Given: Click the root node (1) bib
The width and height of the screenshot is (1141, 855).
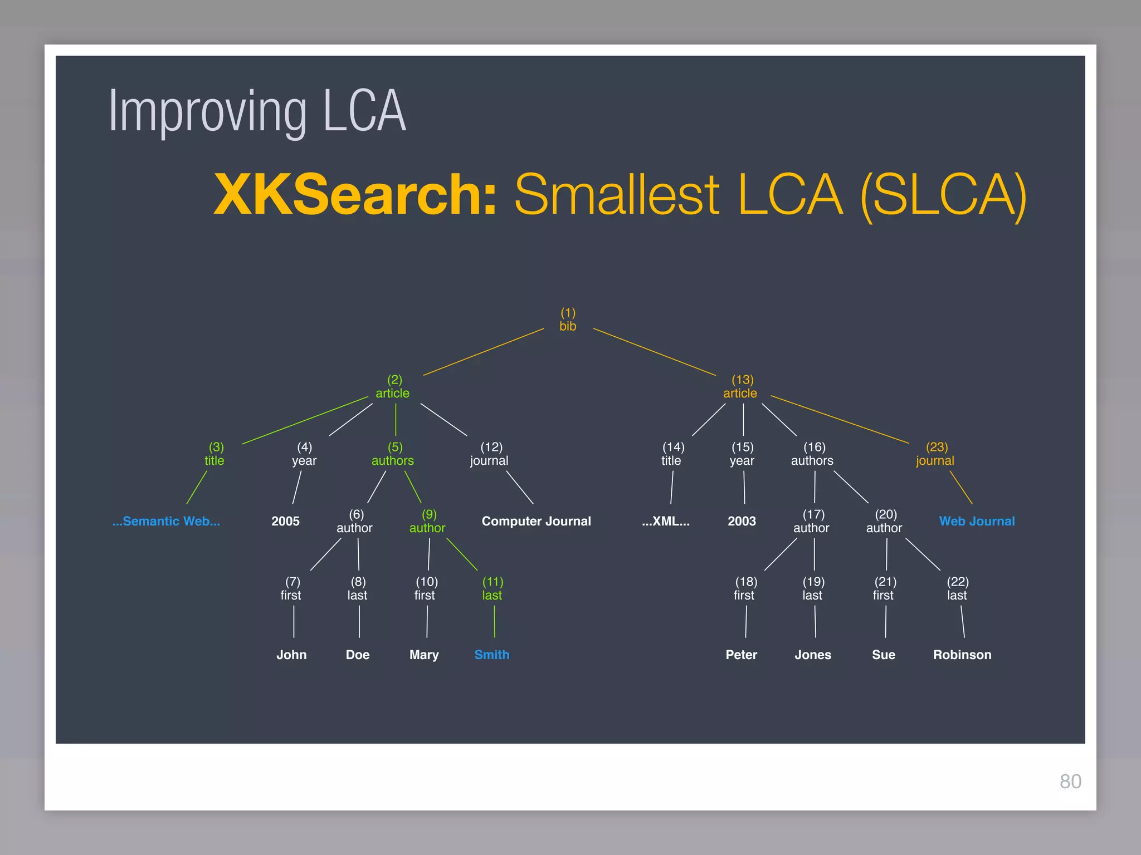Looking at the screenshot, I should point(568,320).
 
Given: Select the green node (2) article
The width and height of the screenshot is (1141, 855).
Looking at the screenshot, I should point(393,387).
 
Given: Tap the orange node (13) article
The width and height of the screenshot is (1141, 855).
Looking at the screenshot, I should point(741,387).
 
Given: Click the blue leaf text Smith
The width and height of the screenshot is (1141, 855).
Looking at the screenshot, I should point(491,655).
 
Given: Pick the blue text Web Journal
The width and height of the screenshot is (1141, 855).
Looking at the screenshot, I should point(977,521).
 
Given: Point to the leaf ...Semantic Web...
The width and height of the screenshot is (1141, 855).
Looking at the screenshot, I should point(166,521).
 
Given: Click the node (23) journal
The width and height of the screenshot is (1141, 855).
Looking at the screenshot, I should point(935,454).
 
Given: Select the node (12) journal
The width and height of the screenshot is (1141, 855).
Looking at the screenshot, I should point(490,454).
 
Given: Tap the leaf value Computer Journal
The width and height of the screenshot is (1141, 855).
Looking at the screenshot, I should point(536,521).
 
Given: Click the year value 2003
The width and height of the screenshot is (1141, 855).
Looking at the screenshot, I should point(742,521).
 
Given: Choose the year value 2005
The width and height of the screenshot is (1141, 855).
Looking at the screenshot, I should point(285,521).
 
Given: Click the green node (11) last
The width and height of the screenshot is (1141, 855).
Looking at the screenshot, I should point(493,588).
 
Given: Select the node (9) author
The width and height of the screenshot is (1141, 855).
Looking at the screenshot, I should point(428,522).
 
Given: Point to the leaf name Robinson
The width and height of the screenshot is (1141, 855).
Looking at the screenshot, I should point(962,655).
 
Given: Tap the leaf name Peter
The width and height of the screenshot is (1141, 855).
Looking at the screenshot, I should point(741,655).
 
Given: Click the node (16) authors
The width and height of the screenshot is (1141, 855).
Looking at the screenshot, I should point(813,454).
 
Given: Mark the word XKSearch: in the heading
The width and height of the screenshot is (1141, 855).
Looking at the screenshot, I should point(355,195).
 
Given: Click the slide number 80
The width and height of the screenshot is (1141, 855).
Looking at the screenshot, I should point(1070,782).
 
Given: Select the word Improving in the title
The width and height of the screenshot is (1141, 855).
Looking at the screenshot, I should point(207,112).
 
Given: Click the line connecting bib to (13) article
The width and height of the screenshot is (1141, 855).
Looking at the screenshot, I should point(655,352).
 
